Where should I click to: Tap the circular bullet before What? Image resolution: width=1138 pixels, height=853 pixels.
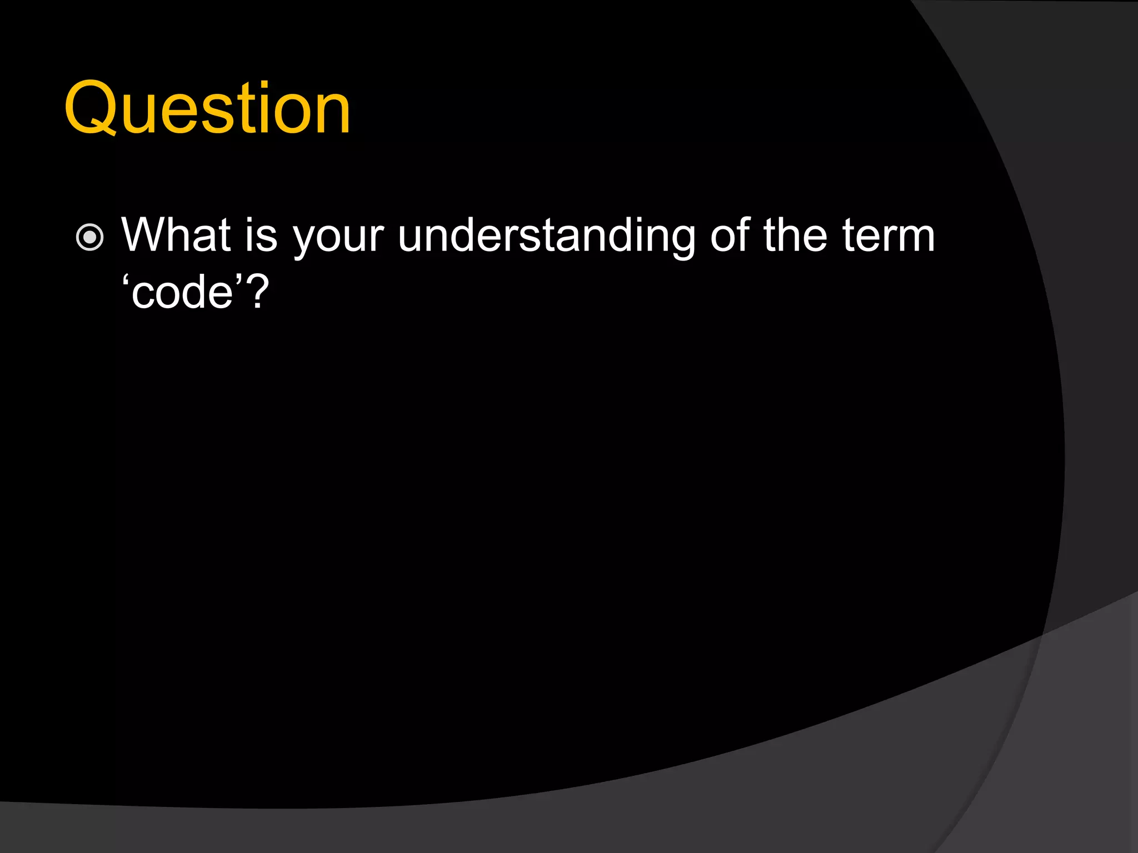click(89, 238)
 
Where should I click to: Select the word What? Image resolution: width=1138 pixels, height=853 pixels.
click(176, 235)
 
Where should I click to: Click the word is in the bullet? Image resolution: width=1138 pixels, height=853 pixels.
click(261, 235)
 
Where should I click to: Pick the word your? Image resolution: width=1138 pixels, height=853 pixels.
click(338, 239)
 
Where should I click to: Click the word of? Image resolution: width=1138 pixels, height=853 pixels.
click(730, 235)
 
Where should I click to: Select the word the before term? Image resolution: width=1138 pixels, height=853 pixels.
click(795, 235)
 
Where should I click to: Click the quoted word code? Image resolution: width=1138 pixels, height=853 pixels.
click(182, 293)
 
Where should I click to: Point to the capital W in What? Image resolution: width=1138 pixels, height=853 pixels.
click(146, 235)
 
